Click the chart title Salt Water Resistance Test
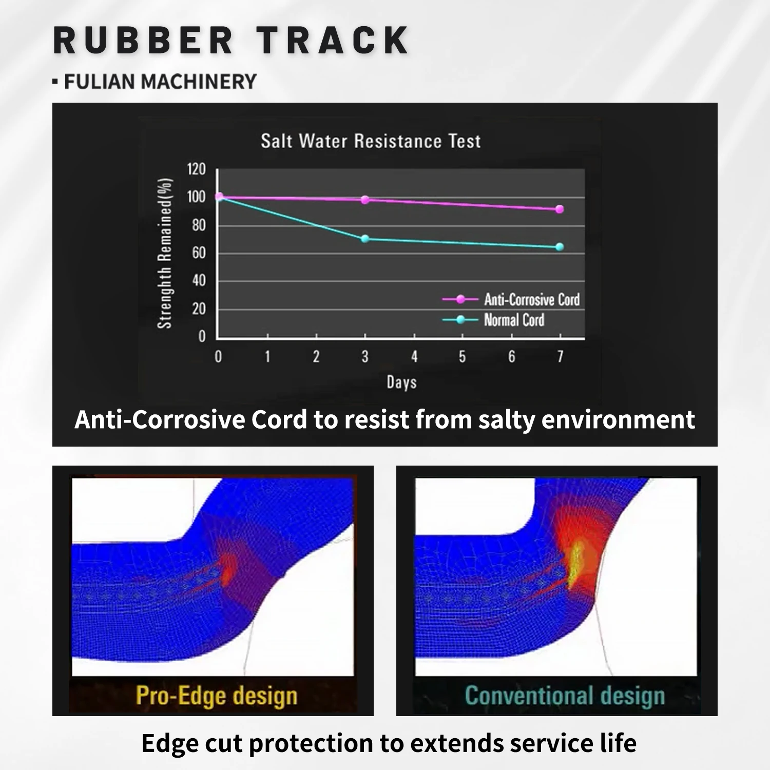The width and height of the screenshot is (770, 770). click(x=371, y=141)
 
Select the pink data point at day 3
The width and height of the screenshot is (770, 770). click(x=365, y=200)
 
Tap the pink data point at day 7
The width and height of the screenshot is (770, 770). click(x=560, y=209)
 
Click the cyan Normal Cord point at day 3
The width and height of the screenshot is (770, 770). click(x=365, y=239)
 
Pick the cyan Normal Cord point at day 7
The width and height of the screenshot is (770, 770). click(x=560, y=247)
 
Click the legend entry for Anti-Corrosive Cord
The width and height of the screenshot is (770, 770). click(x=511, y=299)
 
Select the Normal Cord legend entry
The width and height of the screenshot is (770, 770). click(x=493, y=320)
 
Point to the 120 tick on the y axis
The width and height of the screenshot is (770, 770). click(x=196, y=169)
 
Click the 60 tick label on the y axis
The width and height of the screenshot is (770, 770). click(x=199, y=253)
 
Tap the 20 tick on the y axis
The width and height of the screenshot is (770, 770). click(x=199, y=309)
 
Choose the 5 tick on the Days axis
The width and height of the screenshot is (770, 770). click(x=463, y=356)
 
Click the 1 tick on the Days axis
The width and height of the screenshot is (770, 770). click(x=267, y=356)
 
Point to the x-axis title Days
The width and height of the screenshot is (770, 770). click(x=401, y=382)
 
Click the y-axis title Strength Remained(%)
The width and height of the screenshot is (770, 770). click(x=164, y=254)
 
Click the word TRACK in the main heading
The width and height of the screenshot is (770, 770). click(x=333, y=40)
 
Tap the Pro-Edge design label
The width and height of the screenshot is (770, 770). click(x=217, y=696)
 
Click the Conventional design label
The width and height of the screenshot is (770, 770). click(x=565, y=696)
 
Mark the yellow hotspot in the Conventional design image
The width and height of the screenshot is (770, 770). click(x=576, y=563)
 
